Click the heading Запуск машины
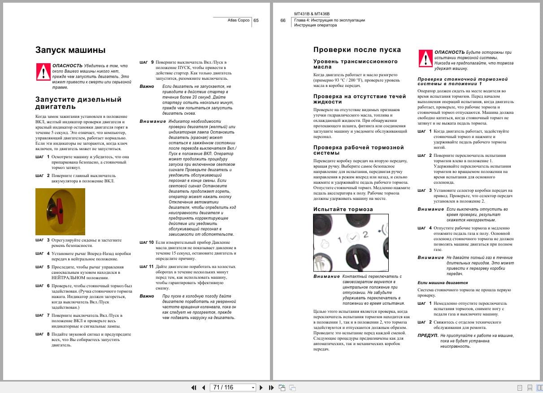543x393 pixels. [x=70, y=50]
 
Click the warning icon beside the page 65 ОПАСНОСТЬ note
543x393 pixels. [x=43, y=71]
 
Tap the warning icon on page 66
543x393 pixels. [x=425, y=58]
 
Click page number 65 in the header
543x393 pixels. [x=256, y=20]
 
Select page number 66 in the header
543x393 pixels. [x=283, y=20]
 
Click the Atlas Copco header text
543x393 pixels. [x=239, y=20]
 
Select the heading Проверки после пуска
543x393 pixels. [x=357, y=50]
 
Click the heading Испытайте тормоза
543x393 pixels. [x=343, y=209]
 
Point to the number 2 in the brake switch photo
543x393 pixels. [x=365, y=234]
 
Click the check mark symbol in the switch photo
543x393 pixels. [x=352, y=236]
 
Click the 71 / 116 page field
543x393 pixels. [x=233, y=387]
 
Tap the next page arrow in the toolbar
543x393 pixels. [x=261, y=387]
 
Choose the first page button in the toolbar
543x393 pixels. [x=194, y=387]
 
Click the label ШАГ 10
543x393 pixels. [x=146, y=242]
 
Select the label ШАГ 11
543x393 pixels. [x=146, y=267]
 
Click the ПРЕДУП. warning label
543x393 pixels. [x=427, y=335]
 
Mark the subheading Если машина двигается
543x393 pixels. [x=442, y=283]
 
